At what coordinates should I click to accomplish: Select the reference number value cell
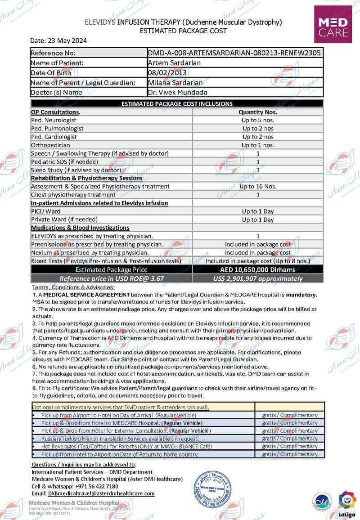[234, 53]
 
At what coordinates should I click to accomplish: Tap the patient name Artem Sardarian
[174, 63]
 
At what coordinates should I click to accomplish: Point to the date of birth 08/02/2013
[165, 73]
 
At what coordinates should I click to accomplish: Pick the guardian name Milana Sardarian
[175, 83]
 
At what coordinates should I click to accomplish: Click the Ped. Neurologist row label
[54, 120]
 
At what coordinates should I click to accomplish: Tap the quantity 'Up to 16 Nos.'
[258, 186]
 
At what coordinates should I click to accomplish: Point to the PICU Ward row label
[45, 211]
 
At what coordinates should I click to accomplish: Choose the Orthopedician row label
[50, 145]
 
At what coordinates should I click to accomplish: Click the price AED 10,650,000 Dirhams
[258, 269]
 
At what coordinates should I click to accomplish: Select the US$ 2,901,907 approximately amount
[258, 278]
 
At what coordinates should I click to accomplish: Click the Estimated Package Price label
[111, 270]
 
